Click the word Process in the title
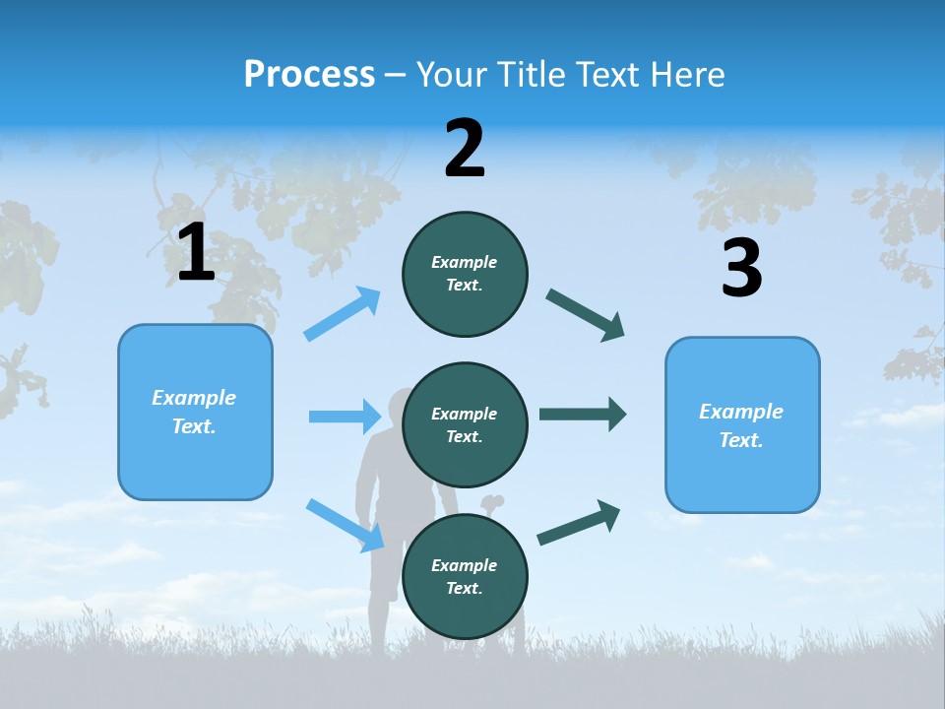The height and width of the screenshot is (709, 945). pos(309,75)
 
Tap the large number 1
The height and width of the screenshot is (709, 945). pos(196,253)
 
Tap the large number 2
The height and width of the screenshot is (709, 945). pos(465,149)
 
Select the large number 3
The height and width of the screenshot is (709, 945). pos(741,268)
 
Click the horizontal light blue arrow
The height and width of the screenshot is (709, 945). pos(345,417)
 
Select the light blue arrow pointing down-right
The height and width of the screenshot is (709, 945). pos(345,524)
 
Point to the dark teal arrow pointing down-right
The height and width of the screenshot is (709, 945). pos(586,315)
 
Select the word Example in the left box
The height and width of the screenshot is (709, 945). pos(194,398)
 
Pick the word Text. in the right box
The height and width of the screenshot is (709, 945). pos(741,440)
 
